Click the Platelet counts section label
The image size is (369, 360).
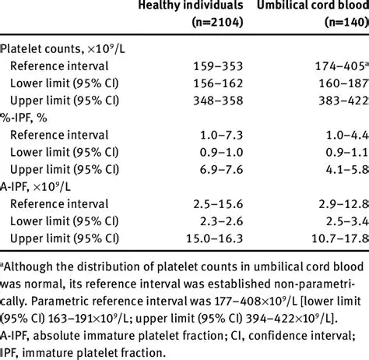point(58,49)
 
